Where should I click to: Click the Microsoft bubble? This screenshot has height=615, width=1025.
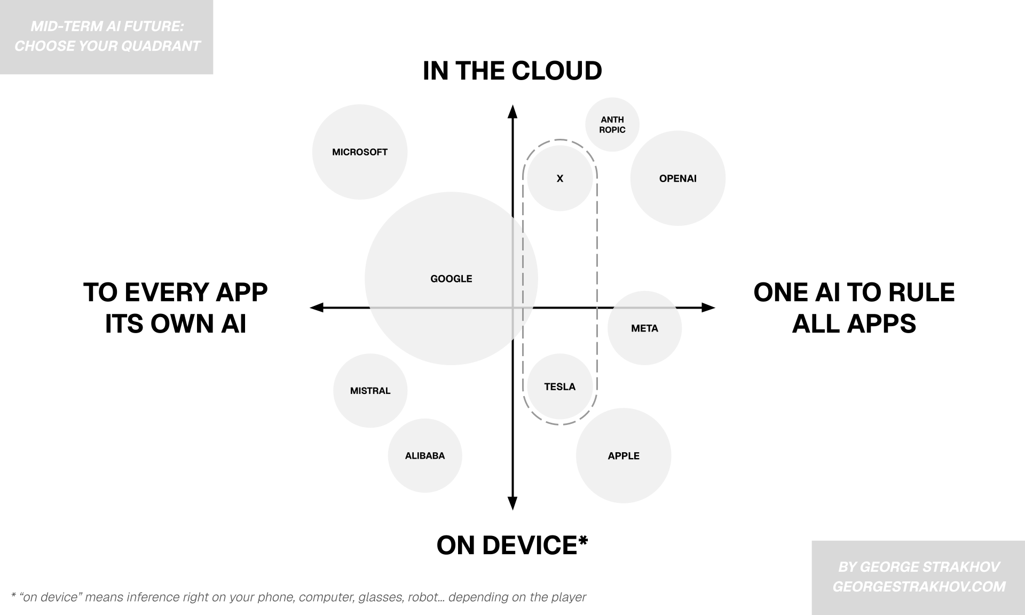point(359,152)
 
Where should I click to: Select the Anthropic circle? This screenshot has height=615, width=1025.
point(612,124)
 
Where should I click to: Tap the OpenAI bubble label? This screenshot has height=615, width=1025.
point(677,179)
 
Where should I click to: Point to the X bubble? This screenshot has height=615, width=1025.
point(559,178)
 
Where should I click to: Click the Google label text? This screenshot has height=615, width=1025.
point(451,279)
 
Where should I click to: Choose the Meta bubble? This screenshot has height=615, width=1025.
point(644,328)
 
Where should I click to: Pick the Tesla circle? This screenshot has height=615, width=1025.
point(559,387)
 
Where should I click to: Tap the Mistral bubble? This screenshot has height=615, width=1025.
point(370,391)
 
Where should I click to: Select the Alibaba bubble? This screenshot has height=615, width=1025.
point(424,456)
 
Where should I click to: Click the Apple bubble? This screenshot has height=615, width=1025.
point(623,456)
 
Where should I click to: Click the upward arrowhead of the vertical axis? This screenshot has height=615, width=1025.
point(512,112)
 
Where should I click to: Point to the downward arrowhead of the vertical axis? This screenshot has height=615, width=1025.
point(512,503)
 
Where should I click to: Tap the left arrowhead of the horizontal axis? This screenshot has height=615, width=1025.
point(317,307)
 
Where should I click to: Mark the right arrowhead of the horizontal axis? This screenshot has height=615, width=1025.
point(708,307)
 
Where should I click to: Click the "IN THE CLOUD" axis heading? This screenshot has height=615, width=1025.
point(512,71)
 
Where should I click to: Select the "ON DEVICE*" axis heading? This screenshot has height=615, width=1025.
point(512,545)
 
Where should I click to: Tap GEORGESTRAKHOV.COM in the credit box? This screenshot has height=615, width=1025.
point(919,587)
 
